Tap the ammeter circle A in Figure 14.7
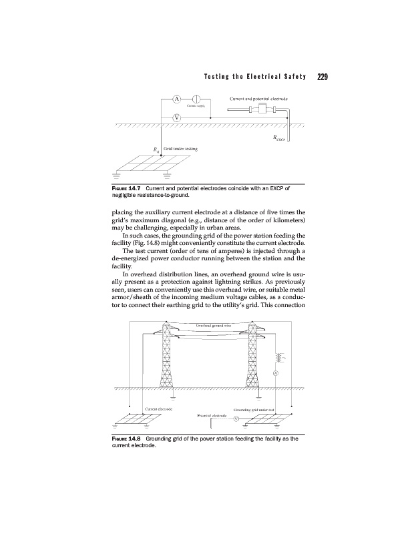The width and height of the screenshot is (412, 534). pyautogui.click(x=176, y=100)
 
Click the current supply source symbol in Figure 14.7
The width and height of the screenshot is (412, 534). pyautogui.click(x=199, y=100)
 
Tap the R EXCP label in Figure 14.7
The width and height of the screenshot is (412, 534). pyautogui.click(x=278, y=140)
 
